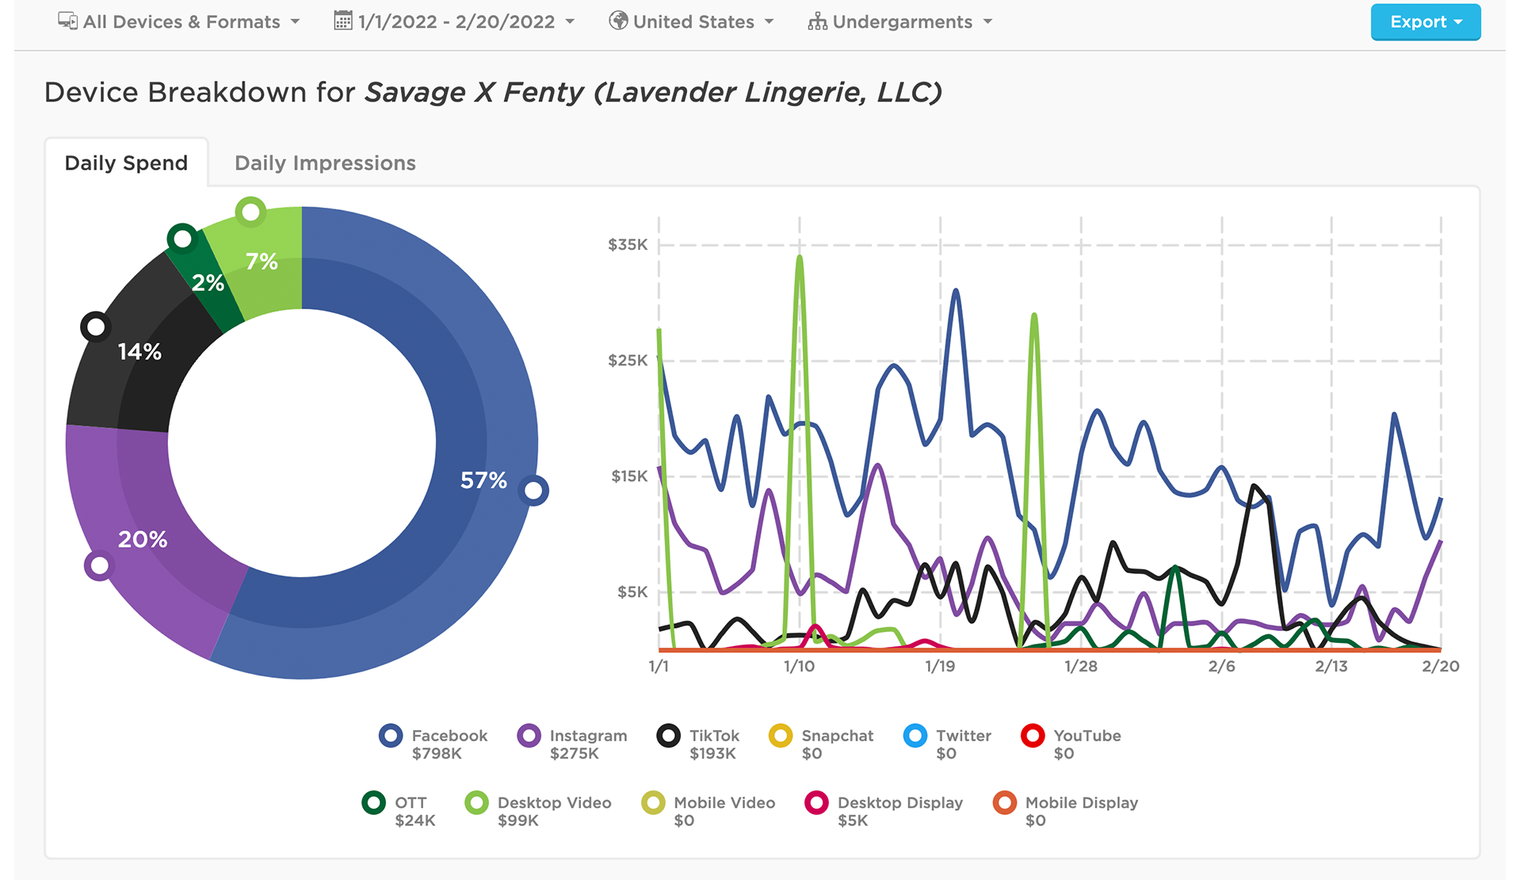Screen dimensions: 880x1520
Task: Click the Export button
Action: (x=1425, y=22)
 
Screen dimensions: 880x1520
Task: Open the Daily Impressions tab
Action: (x=325, y=163)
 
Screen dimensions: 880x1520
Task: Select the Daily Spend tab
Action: (x=126, y=163)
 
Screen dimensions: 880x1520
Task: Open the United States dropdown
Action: (x=691, y=22)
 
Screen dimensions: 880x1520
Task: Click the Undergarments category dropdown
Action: (x=900, y=22)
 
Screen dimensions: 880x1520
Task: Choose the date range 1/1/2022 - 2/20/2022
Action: (x=454, y=22)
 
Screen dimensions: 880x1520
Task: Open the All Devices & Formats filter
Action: (x=179, y=22)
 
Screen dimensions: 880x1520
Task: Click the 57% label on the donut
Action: (x=483, y=480)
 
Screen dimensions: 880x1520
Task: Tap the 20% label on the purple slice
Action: (x=143, y=540)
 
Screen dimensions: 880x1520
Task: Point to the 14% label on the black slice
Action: (x=139, y=351)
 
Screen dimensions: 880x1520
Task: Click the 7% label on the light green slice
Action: (x=262, y=261)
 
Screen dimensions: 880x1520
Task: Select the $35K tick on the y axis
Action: (x=628, y=245)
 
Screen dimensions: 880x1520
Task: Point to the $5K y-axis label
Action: (x=632, y=592)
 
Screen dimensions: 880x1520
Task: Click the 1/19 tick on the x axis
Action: (x=940, y=667)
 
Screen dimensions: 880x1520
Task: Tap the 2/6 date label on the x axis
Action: (x=1221, y=667)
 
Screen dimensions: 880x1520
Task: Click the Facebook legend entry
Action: (x=434, y=744)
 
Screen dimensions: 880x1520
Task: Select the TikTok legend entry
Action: (x=699, y=744)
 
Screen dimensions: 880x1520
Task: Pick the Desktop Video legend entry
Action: (x=539, y=810)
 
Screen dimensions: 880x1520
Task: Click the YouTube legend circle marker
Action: (x=1033, y=736)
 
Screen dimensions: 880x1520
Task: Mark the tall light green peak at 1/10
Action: (x=800, y=258)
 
